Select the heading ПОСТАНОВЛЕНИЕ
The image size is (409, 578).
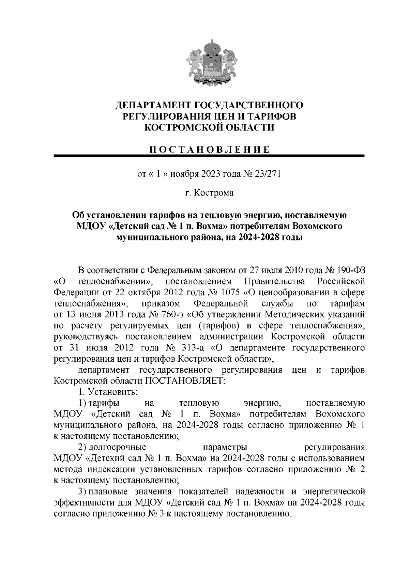click(210, 150)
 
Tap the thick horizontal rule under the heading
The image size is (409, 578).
click(210, 156)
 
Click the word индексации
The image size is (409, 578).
click(109, 469)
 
